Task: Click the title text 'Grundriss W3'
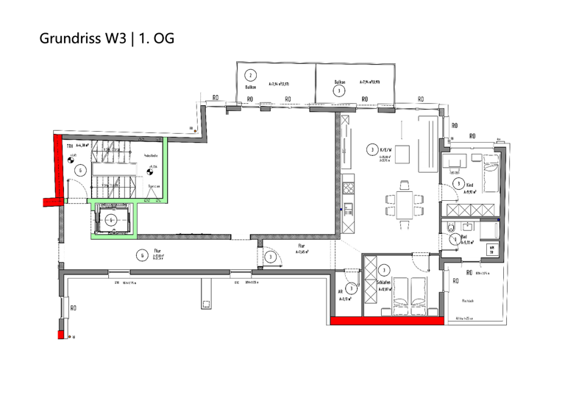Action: (x=82, y=38)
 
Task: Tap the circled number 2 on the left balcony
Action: (x=251, y=75)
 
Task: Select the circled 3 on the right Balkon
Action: (x=338, y=90)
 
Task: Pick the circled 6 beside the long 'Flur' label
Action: (x=141, y=255)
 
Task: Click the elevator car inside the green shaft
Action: (x=111, y=219)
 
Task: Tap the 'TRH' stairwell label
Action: (x=71, y=146)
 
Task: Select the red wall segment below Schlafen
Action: (x=387, y=321)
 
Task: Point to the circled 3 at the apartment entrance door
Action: (x=271, y=257)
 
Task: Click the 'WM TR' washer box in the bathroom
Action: (x=491, y=249)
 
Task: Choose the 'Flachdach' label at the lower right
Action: (x=468, y=300)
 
